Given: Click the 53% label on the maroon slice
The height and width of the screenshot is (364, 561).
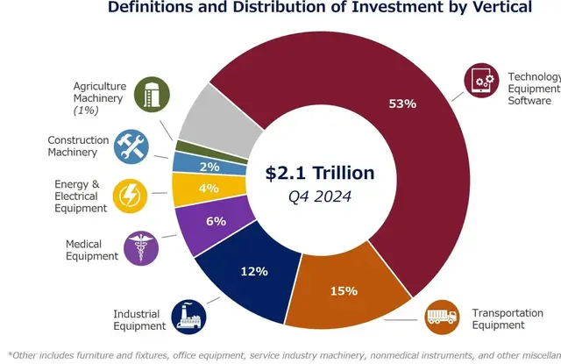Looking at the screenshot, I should click(x=402, y=103).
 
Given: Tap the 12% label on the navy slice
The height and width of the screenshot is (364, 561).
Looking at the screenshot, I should click(x=253, y=271).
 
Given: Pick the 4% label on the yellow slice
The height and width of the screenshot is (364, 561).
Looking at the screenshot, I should click(x=209, y=188).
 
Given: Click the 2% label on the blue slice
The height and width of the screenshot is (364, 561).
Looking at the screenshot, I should click(x=209, y=166).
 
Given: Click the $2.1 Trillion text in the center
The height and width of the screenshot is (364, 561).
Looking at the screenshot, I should click(x=320, y=173).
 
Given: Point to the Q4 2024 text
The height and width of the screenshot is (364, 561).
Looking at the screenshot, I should click(x=320, y=196).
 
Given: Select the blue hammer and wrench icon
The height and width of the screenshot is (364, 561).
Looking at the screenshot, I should click(x=132, y=146).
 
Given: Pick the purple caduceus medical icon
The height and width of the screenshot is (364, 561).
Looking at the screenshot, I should click(x=141, y=247).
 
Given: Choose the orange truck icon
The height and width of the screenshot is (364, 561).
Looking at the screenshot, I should click(x=441, y=317).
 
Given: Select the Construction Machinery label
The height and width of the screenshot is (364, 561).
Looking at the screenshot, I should click(x=78, y=146).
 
